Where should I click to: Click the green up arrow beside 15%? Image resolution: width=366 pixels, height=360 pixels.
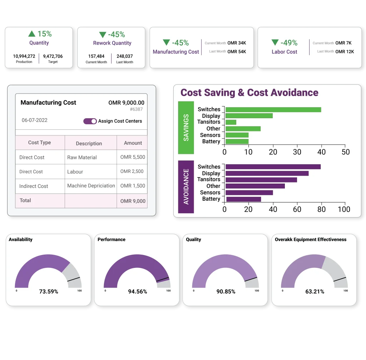pos(32,34)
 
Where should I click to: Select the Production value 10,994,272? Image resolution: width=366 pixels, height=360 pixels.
pos(24,56)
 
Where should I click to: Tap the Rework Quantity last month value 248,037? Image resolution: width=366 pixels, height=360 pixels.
pos(124,56)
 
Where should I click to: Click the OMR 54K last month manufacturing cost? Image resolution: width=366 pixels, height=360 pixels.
pos(237,51)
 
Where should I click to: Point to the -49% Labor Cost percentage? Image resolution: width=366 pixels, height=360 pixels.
pos(289,43)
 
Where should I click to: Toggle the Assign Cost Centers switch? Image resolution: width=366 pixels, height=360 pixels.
pos(90,121)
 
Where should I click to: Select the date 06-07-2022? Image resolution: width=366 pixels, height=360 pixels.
pos(35,120)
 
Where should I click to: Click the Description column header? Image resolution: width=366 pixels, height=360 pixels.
pos(89,143)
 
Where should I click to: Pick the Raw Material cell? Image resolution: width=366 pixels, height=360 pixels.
pos(82,157)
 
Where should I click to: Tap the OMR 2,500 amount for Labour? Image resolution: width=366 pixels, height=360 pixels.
pos(132,171)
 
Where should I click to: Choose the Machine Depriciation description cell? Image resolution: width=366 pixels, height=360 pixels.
pos(91,186)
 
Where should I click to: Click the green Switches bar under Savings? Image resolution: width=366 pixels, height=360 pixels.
pos(273,110)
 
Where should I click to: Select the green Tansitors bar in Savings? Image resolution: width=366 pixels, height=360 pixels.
pos(231,122)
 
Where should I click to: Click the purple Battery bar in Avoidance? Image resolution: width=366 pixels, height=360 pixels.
pos(243,199)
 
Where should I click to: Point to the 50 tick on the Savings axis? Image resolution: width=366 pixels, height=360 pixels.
pos(345,152)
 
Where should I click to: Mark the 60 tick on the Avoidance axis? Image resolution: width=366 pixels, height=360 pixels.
pos(297,209)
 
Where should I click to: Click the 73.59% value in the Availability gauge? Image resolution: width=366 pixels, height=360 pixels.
pos(49,291)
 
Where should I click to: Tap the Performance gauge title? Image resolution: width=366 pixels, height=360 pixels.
pos(112,239)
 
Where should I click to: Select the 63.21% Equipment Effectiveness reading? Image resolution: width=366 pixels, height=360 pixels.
pos(315,291)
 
